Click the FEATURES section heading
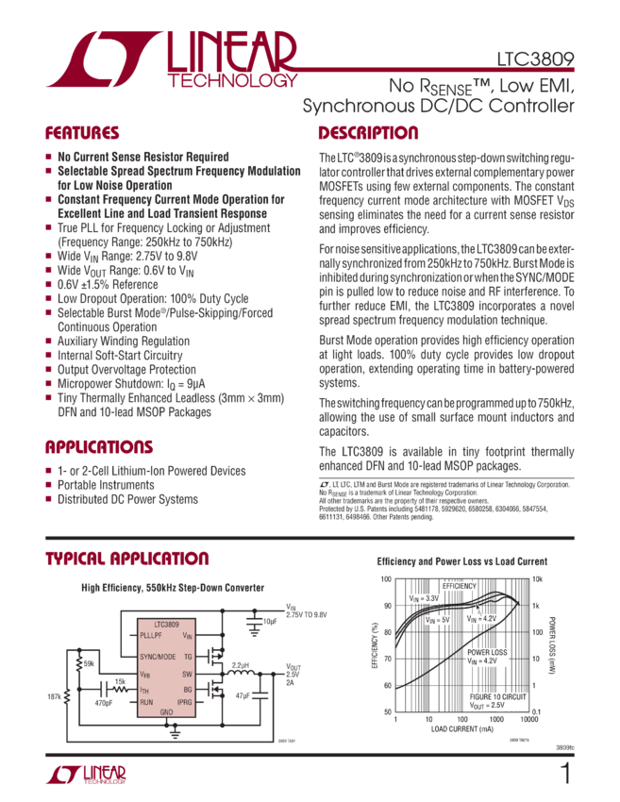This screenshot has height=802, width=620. click(84, 133)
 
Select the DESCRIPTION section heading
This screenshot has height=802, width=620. click(368, 133)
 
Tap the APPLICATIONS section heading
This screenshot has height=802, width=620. click(99, 446)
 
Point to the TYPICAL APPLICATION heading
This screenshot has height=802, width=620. click(127, 559)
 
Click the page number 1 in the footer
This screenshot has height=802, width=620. click(565, 774)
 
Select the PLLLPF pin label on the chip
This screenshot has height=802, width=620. click(145, 636)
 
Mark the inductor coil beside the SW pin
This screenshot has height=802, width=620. click(243, 674)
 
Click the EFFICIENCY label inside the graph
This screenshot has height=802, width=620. click(459, 586)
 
